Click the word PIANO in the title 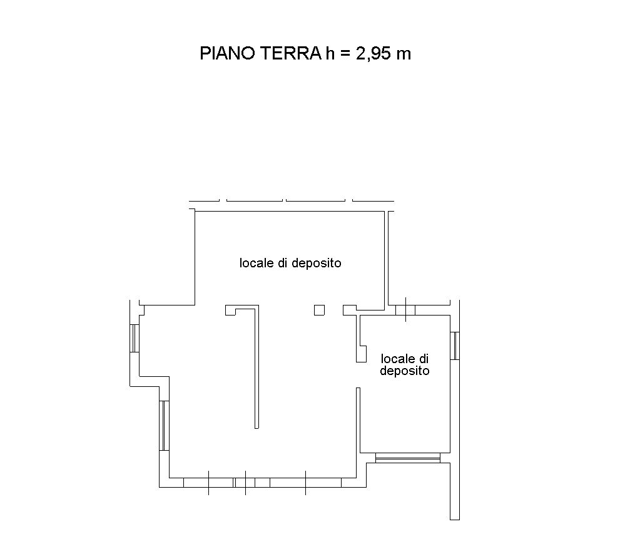pos(227,53)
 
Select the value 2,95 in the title pos(373,53)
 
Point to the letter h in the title pos(330,53)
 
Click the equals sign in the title pos(345,54)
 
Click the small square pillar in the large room pos(320,310)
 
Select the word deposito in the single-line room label pos(317,264)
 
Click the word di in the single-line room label pos(283,263)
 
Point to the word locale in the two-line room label pos(398,358)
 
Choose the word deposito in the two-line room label pos(405,371)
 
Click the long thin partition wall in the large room pos(257,367)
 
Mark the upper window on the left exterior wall pos(135,338)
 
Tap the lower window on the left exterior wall pos(165,426)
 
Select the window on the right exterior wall pos(455,346)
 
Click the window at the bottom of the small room pos(408,458)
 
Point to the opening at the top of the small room pos(405,310)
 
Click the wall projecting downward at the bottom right pos(455,491)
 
